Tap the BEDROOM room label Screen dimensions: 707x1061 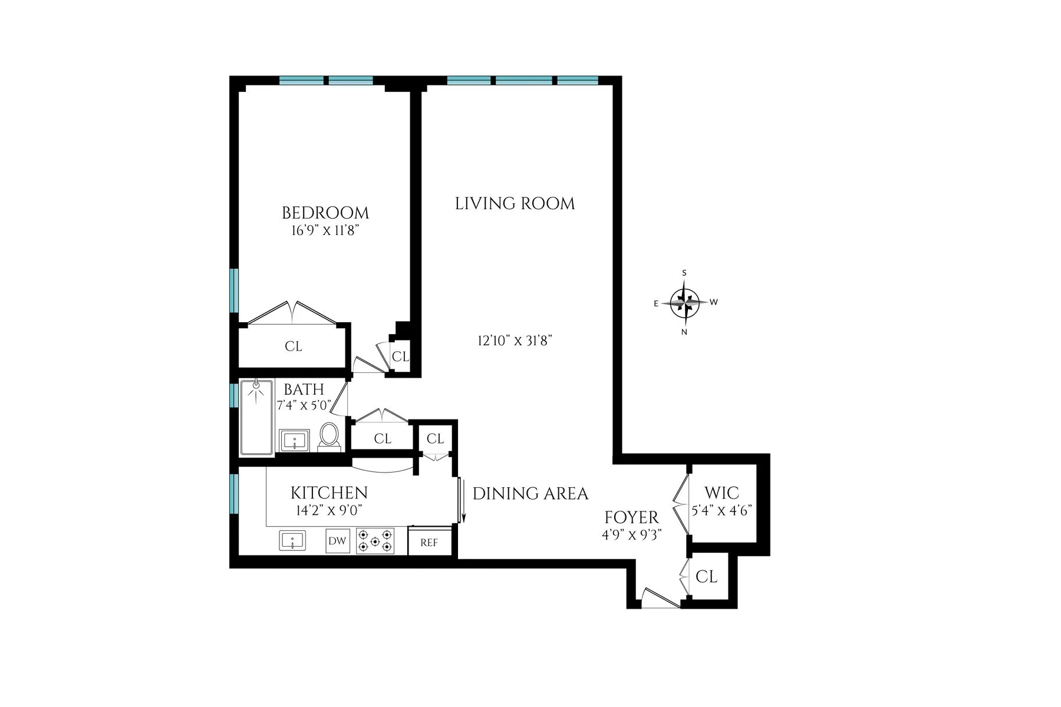325,213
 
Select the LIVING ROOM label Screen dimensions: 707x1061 515,204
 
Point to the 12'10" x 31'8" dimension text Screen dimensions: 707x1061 515,341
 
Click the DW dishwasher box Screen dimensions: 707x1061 337,541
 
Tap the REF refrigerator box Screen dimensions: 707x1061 429,543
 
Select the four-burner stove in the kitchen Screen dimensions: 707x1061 375,541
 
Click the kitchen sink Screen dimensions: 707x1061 292,540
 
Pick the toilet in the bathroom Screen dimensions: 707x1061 329,437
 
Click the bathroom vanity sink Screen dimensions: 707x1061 295,440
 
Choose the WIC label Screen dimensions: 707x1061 721,493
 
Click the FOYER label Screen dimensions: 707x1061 631,518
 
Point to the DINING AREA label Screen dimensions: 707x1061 530,494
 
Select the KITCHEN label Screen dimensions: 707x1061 329,493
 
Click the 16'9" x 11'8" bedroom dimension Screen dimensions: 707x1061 325,231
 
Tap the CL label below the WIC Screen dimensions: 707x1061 706,577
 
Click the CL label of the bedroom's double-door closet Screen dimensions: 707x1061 294,346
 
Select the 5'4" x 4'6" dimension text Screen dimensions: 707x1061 721,510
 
